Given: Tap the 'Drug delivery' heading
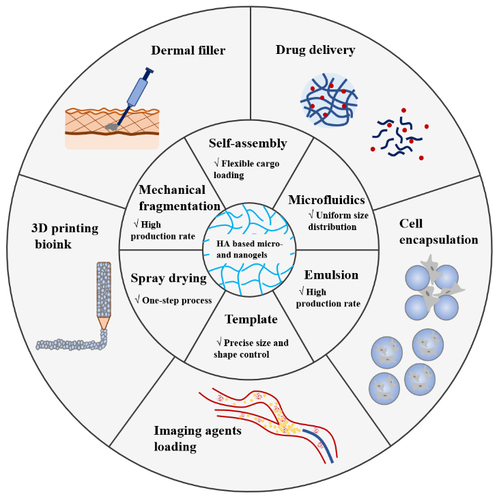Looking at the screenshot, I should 315,50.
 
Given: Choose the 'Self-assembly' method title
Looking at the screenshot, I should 247,144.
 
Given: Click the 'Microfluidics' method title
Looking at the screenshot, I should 326,200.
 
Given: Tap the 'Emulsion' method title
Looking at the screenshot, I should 331,275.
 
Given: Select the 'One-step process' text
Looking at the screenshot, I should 174,300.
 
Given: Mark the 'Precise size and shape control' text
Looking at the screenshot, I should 251,348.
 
